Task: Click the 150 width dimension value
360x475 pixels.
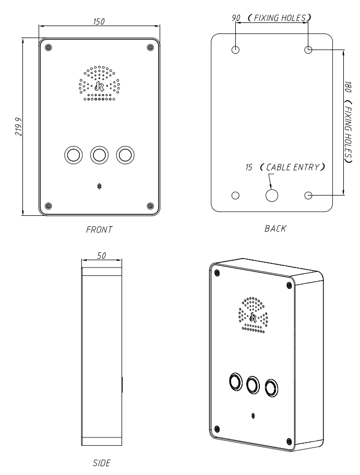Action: (99, 21)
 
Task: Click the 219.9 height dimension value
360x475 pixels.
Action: (19, 127)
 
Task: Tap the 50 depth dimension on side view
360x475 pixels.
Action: (102, 255)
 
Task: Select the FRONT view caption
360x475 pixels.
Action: (99, 229)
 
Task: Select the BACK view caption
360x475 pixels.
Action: (275, 228)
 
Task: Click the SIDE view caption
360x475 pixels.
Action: (102, 463)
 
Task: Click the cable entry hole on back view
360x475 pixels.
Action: (272, 196)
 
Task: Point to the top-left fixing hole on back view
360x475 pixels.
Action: (235, 50)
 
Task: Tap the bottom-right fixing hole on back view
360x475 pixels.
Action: (308, 196)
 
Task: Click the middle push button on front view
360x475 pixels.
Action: (99, 155)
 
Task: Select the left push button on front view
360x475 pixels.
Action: (74, 155)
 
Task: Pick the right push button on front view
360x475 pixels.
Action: (125, 155)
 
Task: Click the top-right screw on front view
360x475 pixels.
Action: (150, 47)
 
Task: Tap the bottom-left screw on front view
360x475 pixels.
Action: (48, 206)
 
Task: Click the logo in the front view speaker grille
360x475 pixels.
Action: (99, 87)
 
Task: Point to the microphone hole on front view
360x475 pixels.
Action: (99, 186)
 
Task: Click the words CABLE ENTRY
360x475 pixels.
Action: (292, 167)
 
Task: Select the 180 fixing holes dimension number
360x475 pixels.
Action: (348, 87)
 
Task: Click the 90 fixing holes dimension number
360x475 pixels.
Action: (236, 18)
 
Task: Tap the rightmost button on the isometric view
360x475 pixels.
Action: (271, 387)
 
